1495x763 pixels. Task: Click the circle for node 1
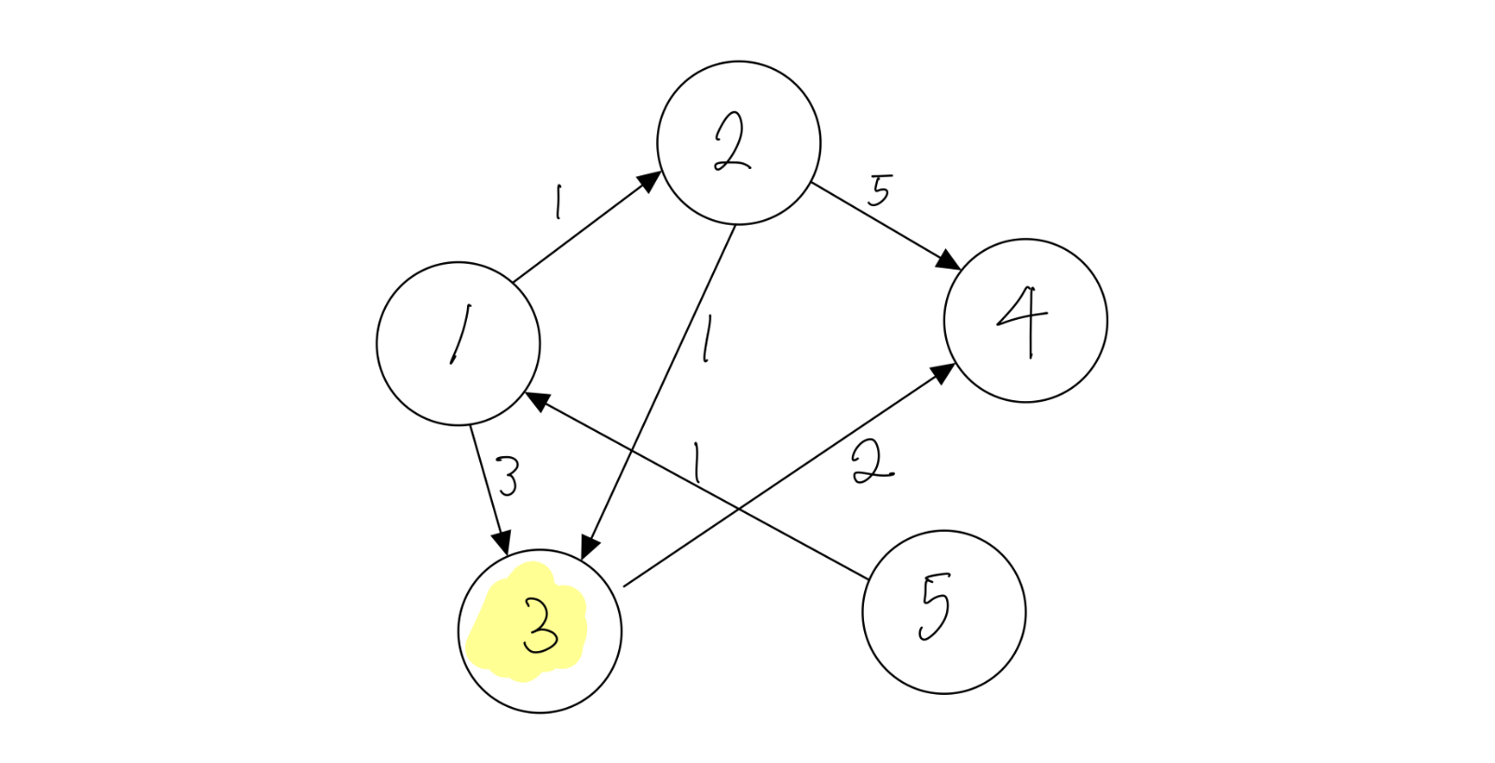tap(458, 343)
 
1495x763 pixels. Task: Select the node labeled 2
tap(738, 143)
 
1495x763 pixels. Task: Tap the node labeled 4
tap(1025, 320)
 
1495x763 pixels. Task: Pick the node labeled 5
tap(943, 612)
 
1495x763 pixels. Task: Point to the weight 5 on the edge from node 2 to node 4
tap(879, 190)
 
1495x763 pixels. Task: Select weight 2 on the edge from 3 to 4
tap(871, 463)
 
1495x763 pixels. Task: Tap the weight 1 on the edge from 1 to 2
tap(557, 201)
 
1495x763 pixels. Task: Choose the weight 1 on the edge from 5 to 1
tap(695, 464)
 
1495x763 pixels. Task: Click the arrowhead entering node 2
tap(651, 180)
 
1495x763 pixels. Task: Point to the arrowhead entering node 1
tap(535, 400)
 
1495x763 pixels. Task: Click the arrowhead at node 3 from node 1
tap(503, 544)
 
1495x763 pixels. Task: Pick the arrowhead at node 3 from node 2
tap(589, 548)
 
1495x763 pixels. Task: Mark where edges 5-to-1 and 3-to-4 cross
tap(738, 509)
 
